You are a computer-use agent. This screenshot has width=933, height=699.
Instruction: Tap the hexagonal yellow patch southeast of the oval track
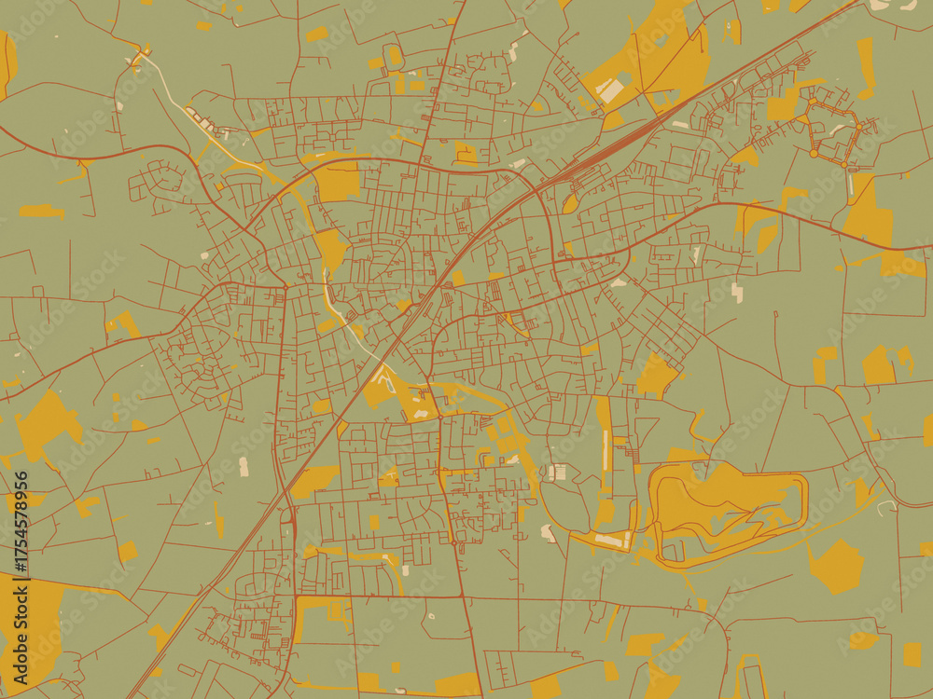point(837,567)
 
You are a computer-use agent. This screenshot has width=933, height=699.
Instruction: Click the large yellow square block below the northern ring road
point(338,180)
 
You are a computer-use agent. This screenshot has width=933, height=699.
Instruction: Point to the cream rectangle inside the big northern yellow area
point(610,90)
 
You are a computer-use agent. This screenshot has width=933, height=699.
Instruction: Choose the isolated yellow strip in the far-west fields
point(42,212)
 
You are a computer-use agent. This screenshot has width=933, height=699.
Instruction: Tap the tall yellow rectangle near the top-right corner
point(866,67)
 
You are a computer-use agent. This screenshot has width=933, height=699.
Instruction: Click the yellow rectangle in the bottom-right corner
point(912,654)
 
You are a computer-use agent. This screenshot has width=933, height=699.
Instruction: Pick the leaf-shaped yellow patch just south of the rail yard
point(570,204)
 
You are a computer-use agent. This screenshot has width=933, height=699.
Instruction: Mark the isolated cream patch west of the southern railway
point(244,466)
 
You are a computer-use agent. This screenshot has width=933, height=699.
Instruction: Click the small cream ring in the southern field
point(430,615)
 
